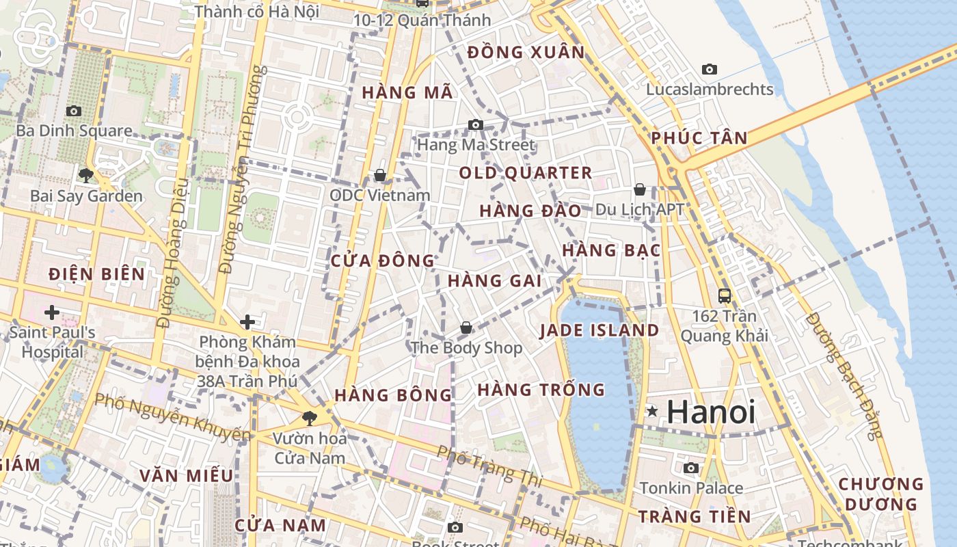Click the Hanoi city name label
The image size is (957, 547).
711,412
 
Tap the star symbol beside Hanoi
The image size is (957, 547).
653,412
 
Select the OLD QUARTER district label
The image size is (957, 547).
525,173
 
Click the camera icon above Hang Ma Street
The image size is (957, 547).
476,124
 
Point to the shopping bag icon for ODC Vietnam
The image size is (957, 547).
380,176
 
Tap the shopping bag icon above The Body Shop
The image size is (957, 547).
466,328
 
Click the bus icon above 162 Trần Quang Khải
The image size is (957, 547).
725,296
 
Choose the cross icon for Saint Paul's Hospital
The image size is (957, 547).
51,313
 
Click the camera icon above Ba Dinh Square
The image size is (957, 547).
74,111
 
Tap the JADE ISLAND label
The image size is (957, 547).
599,331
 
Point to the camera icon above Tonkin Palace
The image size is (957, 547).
691,468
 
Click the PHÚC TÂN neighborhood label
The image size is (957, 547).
699,138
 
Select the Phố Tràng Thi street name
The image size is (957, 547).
489,466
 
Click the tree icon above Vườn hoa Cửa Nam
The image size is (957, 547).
310,418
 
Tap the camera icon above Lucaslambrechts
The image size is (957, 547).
710,69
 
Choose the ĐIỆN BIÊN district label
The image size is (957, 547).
97,275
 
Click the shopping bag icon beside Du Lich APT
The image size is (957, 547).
640,189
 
